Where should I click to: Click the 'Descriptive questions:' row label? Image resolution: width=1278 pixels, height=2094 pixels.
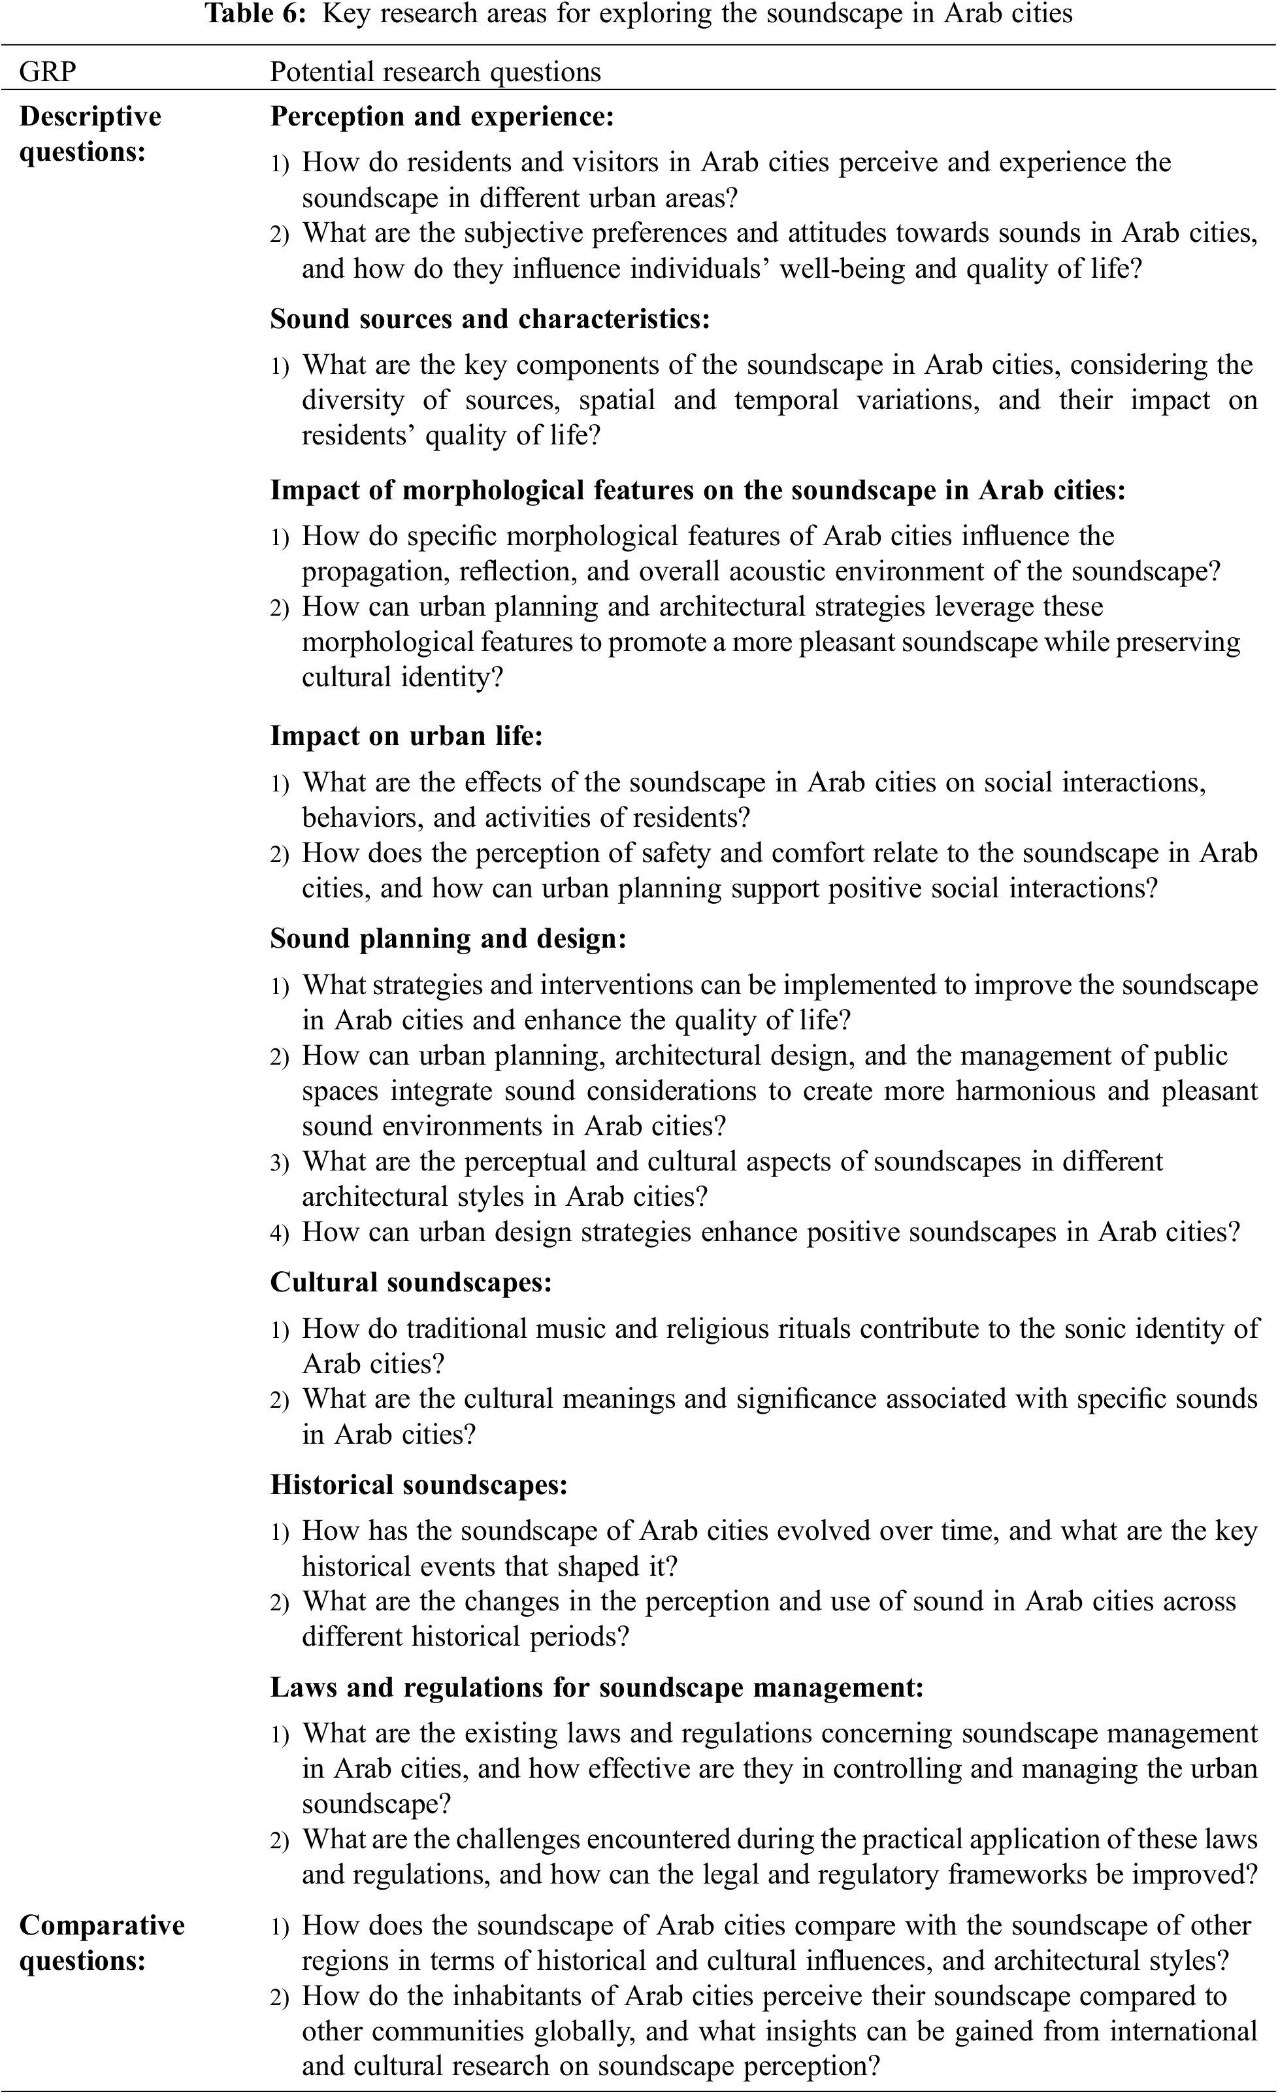(x=90, y=134)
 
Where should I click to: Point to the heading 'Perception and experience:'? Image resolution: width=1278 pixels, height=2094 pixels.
(x=441, y=116)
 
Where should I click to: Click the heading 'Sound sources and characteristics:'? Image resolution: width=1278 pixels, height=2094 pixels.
(x=489, y=319)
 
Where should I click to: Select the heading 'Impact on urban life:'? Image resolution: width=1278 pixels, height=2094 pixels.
(x=406, y=736)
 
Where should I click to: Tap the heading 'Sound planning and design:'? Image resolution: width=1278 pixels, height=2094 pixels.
(x=448, y=939)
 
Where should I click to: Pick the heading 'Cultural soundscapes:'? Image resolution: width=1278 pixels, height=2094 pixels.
(x=410, y=1282)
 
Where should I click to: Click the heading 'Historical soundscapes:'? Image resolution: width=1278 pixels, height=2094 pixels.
(x=419, y=1485)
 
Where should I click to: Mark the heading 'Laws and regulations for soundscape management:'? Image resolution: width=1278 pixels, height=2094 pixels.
(x=597, y=1687)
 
